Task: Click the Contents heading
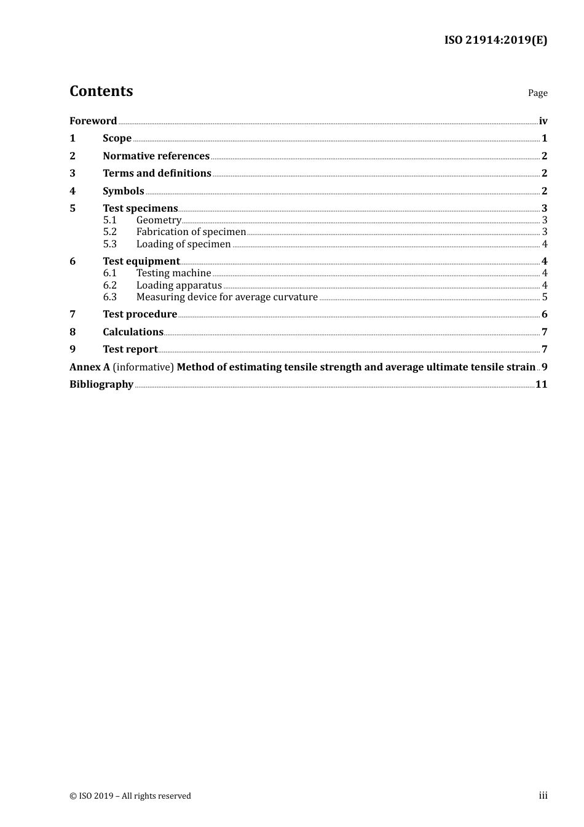pos(101,91)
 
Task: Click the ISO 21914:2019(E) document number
pos(495,41)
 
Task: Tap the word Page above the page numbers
pos(537,93)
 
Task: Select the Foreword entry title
pos(93,121)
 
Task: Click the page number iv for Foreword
pos(543,121)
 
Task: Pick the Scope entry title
pos(117,138)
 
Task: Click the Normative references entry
pos(156,156)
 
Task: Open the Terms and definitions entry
pos(157,174)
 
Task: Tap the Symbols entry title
pos(123,191)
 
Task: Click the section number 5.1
pos(109,220)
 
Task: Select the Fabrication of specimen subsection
pos(191,232)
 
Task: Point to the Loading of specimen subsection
pos(183,244)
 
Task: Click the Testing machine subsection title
pos(173,273)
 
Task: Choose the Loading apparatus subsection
pos(179,286)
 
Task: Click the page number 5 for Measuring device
pos(545,297)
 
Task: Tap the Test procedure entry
pos(140,314)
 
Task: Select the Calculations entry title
pos(133,332)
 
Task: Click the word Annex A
pos(90,367)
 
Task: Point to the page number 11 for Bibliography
pos(541,385)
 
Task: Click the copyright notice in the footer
pos(130,796)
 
